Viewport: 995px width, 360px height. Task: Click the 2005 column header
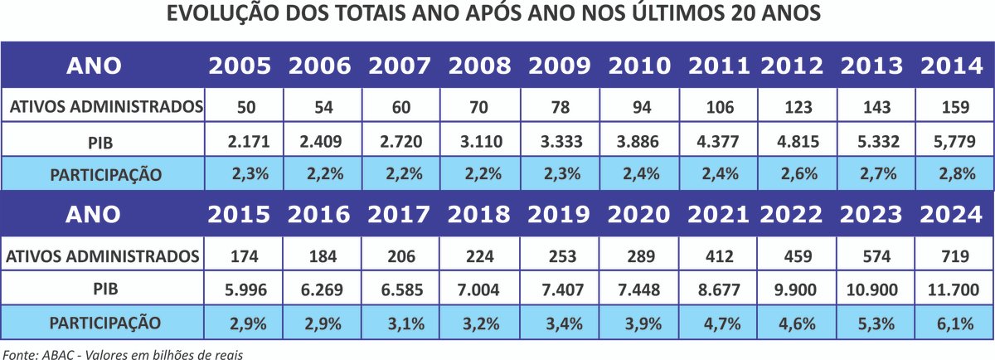click(x=240, y=66)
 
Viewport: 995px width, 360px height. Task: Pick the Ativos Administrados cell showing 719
click(x=954, y=255)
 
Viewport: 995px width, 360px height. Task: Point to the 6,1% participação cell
click(x=954, y=323)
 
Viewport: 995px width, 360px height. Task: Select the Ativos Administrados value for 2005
click(x=240, y=107)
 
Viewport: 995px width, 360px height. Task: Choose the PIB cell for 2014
click(x=954, y=141)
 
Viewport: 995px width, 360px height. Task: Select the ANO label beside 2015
click(x=93, y=214)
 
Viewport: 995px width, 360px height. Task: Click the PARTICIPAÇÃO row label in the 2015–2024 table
click(x=104, y=322)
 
